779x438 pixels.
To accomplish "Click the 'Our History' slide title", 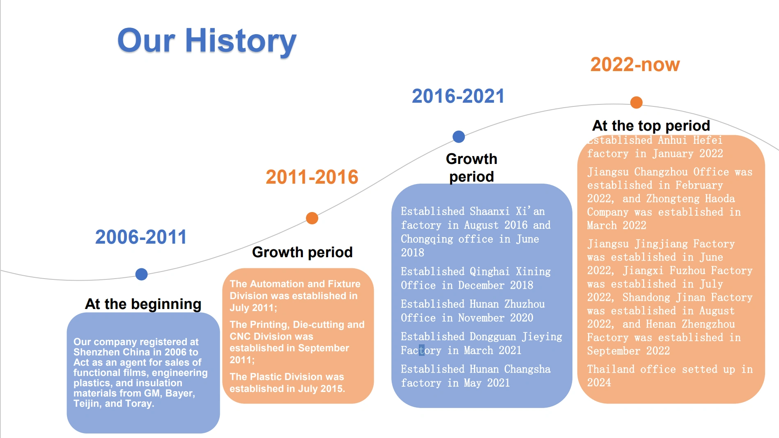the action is (207, 41).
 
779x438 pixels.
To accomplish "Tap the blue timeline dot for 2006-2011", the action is (141, 274).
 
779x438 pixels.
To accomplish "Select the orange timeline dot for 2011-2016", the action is (312, 218).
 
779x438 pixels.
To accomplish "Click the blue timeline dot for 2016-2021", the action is (459, 136).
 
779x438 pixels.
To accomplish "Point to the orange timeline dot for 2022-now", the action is (636, 102).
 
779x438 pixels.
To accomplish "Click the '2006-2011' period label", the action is (141, 237).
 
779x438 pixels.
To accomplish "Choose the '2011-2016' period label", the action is (312, 177).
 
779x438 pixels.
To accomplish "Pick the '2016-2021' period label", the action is (458, 96).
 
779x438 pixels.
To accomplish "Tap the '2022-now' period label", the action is (635, 65).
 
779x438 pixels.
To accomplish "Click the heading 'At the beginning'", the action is (143, 304).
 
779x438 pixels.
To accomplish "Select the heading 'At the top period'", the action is (651, 125).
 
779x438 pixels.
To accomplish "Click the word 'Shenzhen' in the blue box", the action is (93, 352).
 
